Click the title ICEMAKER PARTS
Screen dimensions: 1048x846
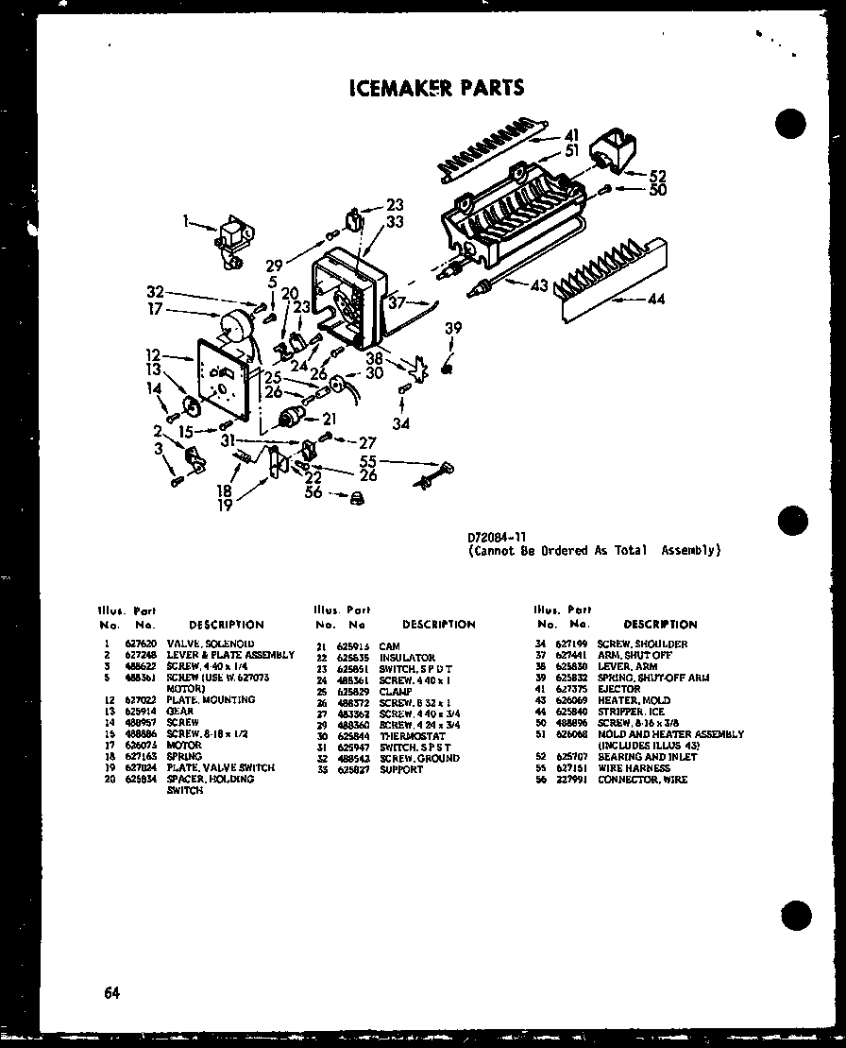tap(435, 88)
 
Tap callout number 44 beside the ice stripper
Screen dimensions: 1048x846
tap(657, 300)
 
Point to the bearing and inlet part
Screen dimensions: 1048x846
tap(610, 152)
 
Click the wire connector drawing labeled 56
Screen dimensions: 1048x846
tap(358, 498)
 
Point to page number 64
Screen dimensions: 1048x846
tap(112, 992)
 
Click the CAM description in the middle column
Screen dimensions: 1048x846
tap(389, 646)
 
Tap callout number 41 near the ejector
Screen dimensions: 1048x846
tap(572, 134)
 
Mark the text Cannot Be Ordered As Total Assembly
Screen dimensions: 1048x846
tap(595, 550)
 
